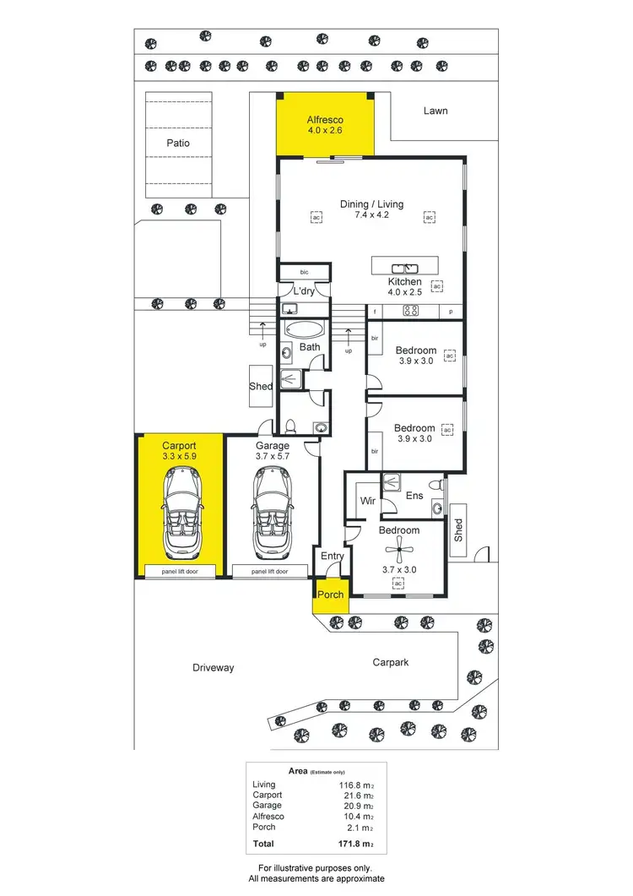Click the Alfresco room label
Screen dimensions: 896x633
coord(325,120)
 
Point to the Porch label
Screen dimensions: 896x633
coord(330,595)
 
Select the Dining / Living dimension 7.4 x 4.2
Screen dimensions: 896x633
coord(371,215)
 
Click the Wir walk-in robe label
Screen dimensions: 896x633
coord(367,501)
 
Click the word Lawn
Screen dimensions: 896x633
coord(436,111)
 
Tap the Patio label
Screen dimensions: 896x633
coord(177,143)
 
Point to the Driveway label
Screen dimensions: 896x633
coord(213,667)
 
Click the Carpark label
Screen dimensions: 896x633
coord(390,663)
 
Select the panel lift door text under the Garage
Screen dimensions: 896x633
coord(269,572)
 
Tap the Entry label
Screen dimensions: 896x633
coord(331,557)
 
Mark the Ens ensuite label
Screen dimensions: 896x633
coord(414,497)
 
